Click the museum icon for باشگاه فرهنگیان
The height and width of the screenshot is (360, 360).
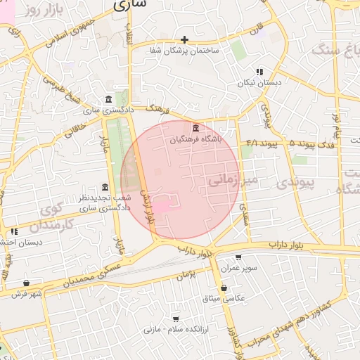[195, 129]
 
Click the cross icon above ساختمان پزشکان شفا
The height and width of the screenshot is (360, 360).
[184, 39]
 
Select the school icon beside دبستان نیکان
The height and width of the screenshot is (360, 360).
[259, 72]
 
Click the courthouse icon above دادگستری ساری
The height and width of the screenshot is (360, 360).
[107, 99]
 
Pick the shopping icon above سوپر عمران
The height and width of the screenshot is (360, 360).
[238, 257]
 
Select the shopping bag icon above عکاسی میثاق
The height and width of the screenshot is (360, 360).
[224, 287]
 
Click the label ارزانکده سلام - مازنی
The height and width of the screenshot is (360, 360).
[172, 329]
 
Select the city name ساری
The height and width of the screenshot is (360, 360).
[130, 4]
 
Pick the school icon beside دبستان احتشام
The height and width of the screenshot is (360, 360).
[14, 231]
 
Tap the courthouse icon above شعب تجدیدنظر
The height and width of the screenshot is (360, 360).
[105, 187]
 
